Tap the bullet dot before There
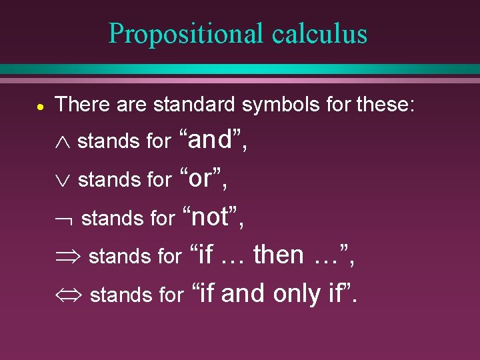point(41,105)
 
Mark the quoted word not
point(214,216)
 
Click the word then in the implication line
point(279,254)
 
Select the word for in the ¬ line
point(161,218)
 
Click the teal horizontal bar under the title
point(240,69)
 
